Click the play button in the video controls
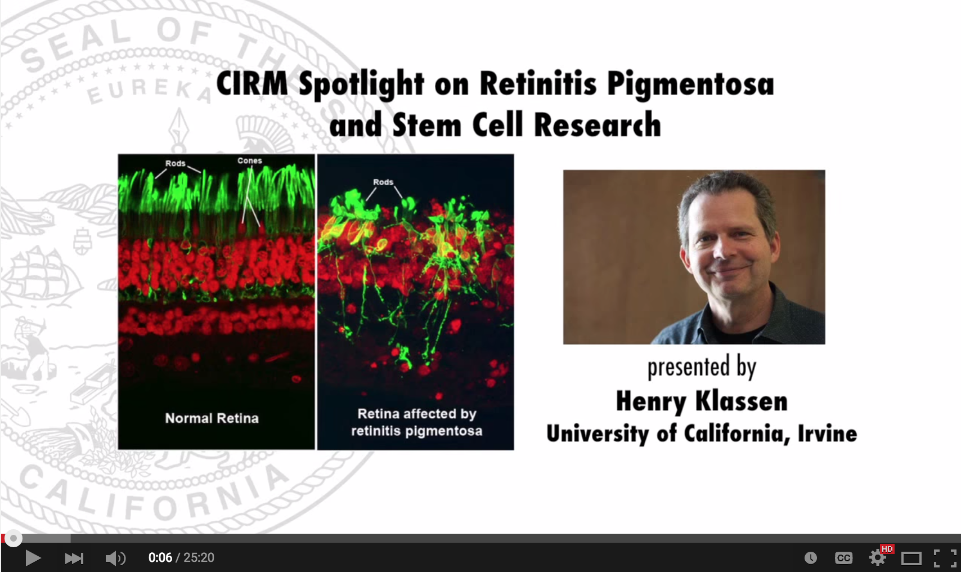coord(33,558)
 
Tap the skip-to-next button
coord(74,558)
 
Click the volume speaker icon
coord(115,558)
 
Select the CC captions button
coord(843,558)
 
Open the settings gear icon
coord(877,558)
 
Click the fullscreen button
coord(945,558)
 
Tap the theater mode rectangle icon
coord(911,558)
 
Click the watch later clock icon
coord(810,558)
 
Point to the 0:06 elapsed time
coord(160,558)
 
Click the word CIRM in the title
coord(252,83)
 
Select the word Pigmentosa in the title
coord(691,84)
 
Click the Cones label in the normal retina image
coord(250,160)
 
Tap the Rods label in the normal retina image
coord(176,163)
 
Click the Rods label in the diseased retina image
coord(383,182)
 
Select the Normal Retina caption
coord(212,418)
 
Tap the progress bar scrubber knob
coord(14,539)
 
